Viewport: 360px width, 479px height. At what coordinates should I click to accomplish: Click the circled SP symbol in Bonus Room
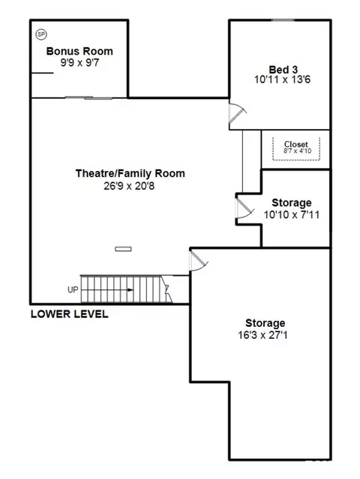pos(41,34)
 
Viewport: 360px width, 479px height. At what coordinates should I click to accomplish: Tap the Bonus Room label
pos(79,51)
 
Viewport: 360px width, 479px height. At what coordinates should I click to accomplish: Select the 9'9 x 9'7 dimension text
pos(79,63)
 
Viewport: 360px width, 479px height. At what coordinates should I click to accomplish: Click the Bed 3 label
pos(283,70)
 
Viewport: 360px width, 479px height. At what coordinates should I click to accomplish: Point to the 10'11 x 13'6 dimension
pos(283,79)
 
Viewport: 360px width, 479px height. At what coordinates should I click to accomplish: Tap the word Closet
pos(295,144)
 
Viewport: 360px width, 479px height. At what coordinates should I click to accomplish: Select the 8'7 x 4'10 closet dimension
pos(297,151)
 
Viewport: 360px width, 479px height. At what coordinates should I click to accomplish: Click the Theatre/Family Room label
pos(130,173)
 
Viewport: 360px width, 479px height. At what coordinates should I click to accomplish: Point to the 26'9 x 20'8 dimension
pos(129,186)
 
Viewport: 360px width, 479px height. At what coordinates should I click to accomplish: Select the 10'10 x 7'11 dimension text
pos(292,214)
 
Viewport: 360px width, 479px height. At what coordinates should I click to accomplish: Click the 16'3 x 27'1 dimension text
pos(262,335)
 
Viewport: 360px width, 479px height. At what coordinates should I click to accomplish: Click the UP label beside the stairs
pos(73,289)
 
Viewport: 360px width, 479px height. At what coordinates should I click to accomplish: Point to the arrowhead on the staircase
pos(130,290)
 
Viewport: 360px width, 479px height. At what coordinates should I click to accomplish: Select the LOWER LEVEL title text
pos(69,314)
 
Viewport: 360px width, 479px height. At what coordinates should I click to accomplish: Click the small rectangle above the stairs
pos(123,249)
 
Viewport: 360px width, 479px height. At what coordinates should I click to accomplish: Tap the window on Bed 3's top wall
pos(283,20)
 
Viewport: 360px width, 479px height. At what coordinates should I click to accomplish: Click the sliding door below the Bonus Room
pos(88,97)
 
